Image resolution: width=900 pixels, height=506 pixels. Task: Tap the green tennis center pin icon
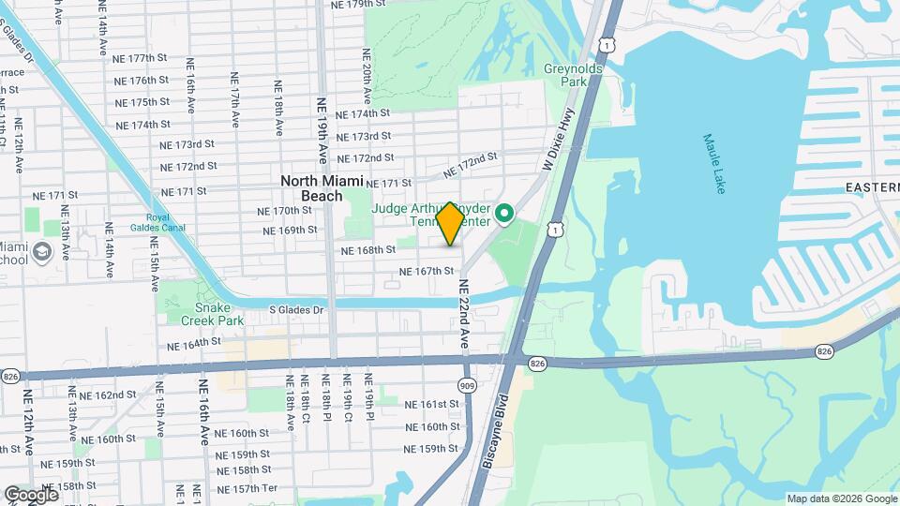click(503, 216)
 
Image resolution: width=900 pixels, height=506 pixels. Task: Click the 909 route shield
click(467, 385)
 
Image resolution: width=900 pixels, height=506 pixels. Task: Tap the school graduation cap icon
click(42, 252)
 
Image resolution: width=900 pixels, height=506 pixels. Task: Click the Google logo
click(31, 494)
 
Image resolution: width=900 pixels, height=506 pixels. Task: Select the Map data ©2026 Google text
click(841, 499)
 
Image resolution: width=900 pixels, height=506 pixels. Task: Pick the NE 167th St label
click(427, 271)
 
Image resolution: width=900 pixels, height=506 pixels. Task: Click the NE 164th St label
click(194, 344)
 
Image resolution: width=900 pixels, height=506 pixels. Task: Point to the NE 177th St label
click(142, 58)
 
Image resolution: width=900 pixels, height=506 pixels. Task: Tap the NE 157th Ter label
click(247, 489)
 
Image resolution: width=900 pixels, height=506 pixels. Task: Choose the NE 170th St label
click(283, 211)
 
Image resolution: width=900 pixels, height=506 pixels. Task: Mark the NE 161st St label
click(431, 405)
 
